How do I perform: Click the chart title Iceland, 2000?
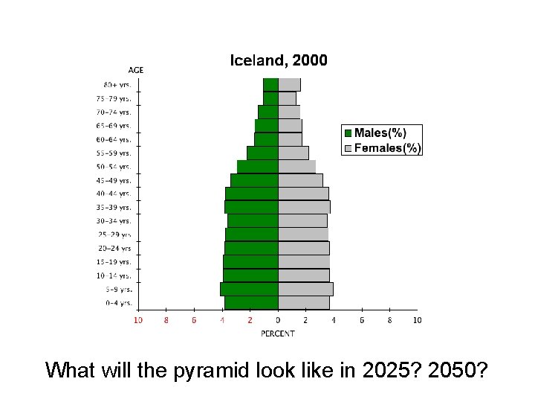click(x=279, y=60)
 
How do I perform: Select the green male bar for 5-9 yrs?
click(x=250, y=289)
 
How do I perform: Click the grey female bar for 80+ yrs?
click(x=289, y=84)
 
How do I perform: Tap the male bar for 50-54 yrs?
click(x=258, y=167)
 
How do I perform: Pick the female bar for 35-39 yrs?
click(x=304, y=207)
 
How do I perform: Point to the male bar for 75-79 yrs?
click(x=270, y=98)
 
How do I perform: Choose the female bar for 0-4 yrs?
click(x=304, y=302)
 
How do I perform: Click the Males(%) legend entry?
click(x=374, y=133)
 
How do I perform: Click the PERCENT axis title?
click(x=278, y=334)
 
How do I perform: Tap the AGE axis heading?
click(x=136, y=70)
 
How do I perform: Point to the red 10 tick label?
click(x=138, y=320)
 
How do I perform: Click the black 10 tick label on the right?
click(x=417, y=320)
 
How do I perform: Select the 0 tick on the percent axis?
click(x=278, y=320)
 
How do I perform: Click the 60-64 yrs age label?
click(x=117, y=139)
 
